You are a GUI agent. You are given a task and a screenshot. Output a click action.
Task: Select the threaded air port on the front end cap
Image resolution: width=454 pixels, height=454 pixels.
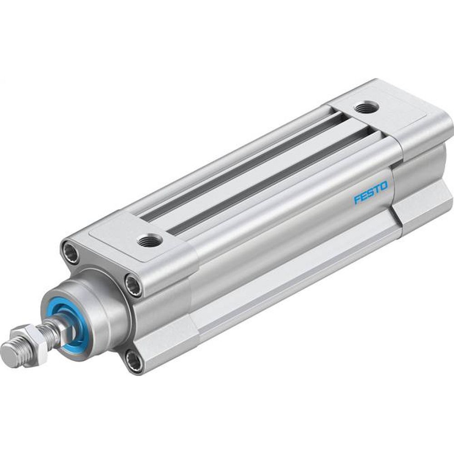click(x=148, y=238)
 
